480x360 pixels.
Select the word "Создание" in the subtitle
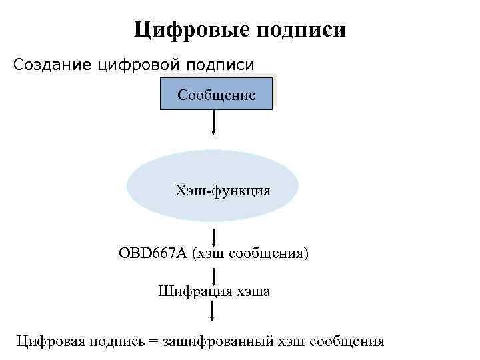click(53, 65)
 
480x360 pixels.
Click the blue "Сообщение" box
click(217, 94)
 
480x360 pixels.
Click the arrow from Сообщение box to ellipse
click(213, 122)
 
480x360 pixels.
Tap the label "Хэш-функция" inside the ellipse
click(223, 191)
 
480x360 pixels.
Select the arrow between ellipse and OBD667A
click(213, 237)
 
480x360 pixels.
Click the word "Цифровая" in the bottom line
click(49, 341)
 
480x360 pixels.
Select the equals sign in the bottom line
click(155, 341)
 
